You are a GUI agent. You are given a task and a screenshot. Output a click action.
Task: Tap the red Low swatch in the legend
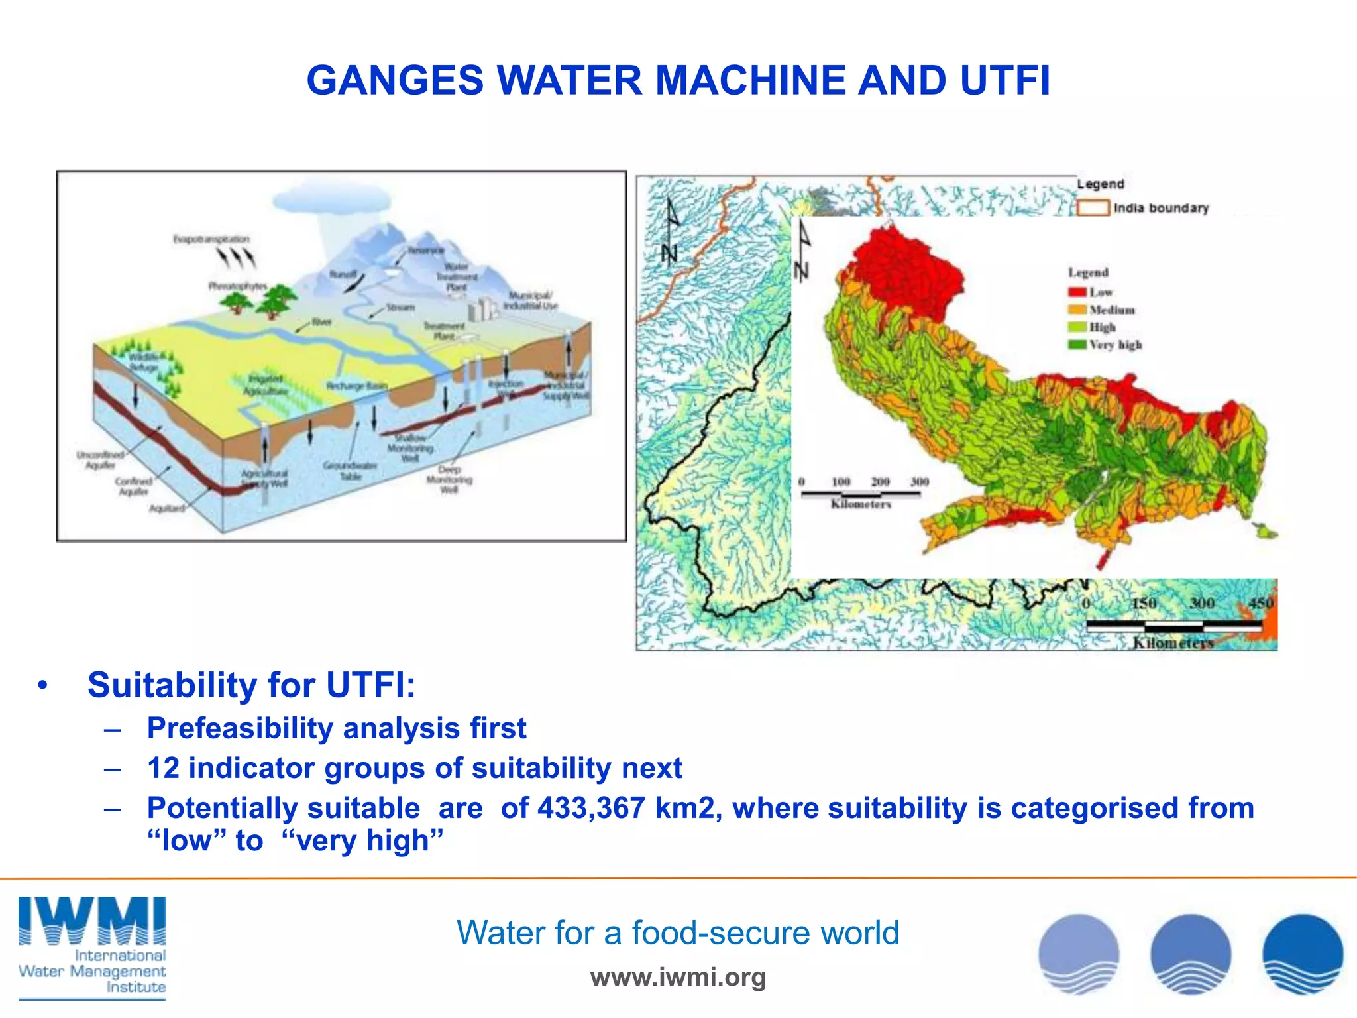[1077, 292]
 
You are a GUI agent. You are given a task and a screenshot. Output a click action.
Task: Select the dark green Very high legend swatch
[1077, 345]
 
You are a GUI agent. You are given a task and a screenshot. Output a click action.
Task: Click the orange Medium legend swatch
[1077, 310]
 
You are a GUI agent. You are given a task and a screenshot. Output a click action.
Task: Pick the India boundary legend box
[1093, 208]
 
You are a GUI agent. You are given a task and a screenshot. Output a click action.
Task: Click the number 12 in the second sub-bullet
[163, 768]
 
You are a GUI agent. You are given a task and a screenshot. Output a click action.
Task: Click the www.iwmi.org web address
[678, 977]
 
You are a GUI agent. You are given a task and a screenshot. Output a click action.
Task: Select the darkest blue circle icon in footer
[1303, 954]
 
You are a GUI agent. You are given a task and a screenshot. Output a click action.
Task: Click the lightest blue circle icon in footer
[1079, 954]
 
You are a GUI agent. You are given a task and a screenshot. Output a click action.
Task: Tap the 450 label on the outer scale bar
[1260, 603]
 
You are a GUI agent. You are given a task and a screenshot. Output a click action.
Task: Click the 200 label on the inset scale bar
[880, 482]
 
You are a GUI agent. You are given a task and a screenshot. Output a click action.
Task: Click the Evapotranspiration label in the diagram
[211, 239]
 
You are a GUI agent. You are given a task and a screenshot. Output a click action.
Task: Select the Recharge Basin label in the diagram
[356, 385]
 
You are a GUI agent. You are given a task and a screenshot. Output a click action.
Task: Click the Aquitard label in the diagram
[166, 508]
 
